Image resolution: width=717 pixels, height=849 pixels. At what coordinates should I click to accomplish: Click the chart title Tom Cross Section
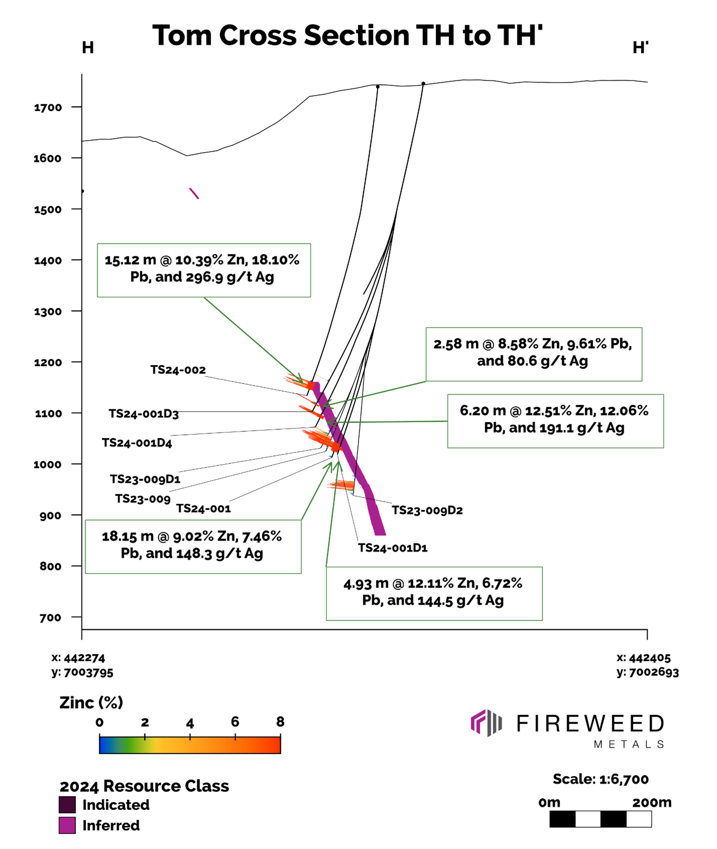[x=347, y=36]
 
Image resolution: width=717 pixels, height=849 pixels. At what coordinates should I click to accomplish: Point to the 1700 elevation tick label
[x=48, y=107]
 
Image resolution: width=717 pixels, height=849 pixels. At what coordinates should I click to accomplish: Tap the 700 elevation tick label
[x=50, y=618]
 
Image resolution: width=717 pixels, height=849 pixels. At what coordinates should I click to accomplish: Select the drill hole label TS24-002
[x=178, y=370]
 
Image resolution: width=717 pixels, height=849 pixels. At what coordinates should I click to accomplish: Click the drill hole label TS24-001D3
[x=144, y=414]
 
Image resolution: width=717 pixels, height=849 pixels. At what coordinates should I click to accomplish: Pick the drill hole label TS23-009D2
[x=427, y=510]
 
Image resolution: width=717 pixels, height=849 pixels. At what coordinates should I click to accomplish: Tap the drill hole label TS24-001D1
[x=393, y=548]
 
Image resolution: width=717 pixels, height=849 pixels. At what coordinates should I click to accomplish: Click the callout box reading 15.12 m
[x=204, y=270]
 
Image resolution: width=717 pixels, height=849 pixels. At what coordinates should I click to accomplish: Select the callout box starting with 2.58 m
[x=533, y=354]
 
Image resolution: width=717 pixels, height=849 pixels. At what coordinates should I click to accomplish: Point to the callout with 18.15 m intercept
[x=193, y=546]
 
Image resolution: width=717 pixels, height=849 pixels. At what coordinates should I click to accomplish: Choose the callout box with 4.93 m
[x=434, y=593]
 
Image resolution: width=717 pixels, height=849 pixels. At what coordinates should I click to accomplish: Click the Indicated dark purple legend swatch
[x=67, y=805]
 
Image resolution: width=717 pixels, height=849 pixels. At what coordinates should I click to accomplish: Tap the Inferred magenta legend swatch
[x=67, y=825]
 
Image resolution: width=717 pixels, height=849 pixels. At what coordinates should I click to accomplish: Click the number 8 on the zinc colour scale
[x=280, y=722]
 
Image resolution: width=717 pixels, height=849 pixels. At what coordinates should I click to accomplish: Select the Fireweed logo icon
[x=486, y=723]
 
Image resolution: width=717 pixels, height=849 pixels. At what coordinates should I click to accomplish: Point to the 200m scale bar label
[x=651, y=802]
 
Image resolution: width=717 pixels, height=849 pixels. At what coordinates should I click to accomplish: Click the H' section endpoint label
[x=640, y=48]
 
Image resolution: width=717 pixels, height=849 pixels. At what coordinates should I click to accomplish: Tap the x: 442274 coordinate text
[x=79, y=658]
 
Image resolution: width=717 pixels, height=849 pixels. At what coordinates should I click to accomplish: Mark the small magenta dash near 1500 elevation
[x=194, y=193]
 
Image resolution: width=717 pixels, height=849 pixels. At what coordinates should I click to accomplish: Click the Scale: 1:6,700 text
[x=601, y=779]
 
